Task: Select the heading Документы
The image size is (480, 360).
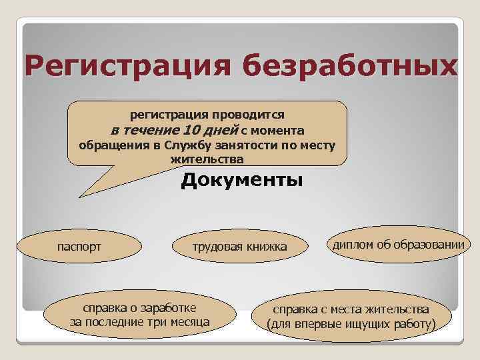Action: pyautogui.click(x=241, y=181)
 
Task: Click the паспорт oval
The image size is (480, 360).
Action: pyautogui.click(x=78, y=247)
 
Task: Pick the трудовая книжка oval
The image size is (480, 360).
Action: pyautogui.click(x=240, y=247)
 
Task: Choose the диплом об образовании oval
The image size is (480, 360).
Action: pyautogui.click(x=397, y=245)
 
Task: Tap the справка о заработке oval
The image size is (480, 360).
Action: pyautogui.click(x=139, y=315)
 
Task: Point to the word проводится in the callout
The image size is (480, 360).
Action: pyautogui.click(x=249, y=115)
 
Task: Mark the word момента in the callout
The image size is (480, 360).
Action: pyautogui.click(x=278, y=130)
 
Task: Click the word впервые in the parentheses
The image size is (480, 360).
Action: pyautogui.click(x=311, y=325)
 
